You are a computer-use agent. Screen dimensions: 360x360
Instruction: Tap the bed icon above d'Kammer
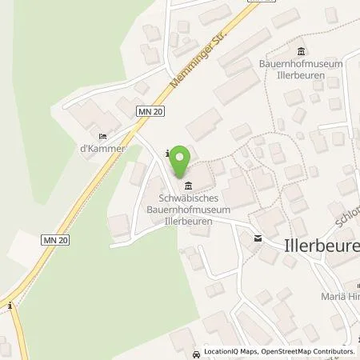click(102, 136)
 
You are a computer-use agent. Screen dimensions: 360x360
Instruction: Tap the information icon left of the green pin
click(166, 153)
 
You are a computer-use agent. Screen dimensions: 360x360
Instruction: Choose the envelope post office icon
click(258, 238)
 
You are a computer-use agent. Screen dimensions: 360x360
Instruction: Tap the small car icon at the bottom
click(196, 351)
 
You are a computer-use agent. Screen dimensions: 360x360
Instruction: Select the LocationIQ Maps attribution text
click(227, 351)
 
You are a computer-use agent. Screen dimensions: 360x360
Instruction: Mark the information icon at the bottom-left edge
click(9, 305)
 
